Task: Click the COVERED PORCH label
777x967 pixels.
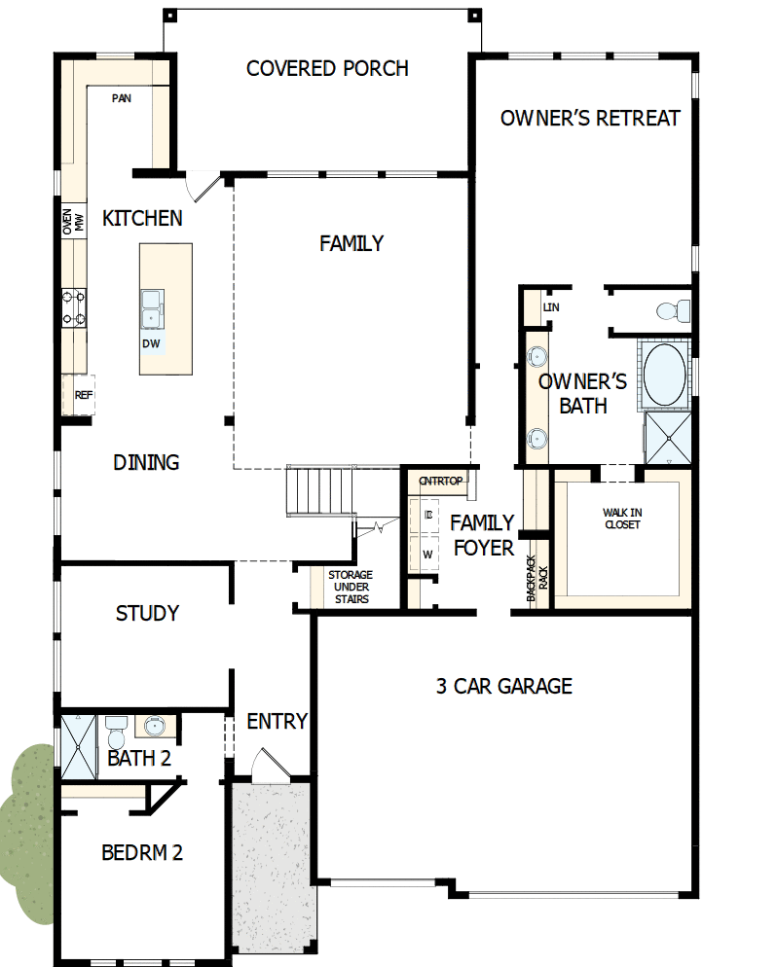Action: pos(327,69)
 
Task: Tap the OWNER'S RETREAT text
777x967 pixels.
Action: pos(590,119)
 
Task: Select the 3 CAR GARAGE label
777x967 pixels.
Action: pos(503,687)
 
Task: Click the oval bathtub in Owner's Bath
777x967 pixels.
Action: pos(664,373)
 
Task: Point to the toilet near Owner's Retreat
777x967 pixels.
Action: pos(672,311)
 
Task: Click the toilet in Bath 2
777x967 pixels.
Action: pos(116,729)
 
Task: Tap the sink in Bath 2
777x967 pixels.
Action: pos(155,726)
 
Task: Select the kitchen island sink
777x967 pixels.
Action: pos(152,308)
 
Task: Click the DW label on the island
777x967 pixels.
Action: pos(151,343)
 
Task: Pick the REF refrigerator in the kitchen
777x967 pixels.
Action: pos(83,395)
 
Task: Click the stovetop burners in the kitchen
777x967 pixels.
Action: pos(74,306)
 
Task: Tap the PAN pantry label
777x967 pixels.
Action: pos(122,98)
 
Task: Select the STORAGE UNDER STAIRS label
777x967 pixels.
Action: pos(350,588)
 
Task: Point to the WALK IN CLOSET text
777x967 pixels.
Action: pos(621,519)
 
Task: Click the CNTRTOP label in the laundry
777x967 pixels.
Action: pos(441,481)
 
